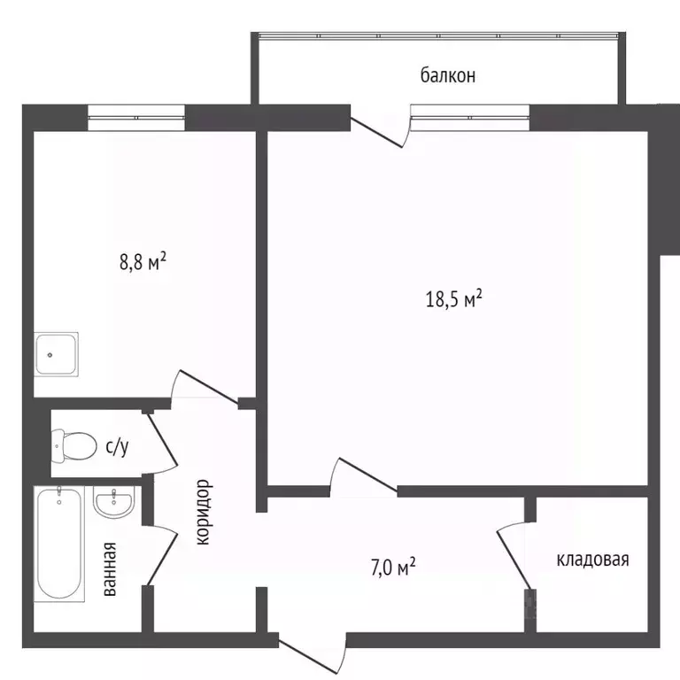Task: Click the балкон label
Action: tap(448, 75)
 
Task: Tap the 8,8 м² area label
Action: tap(143, 262)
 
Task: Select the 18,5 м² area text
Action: tap(453, 299)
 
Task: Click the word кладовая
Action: tap(592, 560)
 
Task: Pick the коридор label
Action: tap(203, 513)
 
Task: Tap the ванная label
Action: tap(110, 568)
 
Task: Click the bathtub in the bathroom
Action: tap(59, 544)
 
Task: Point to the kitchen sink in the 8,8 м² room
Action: tap(57, 353)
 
